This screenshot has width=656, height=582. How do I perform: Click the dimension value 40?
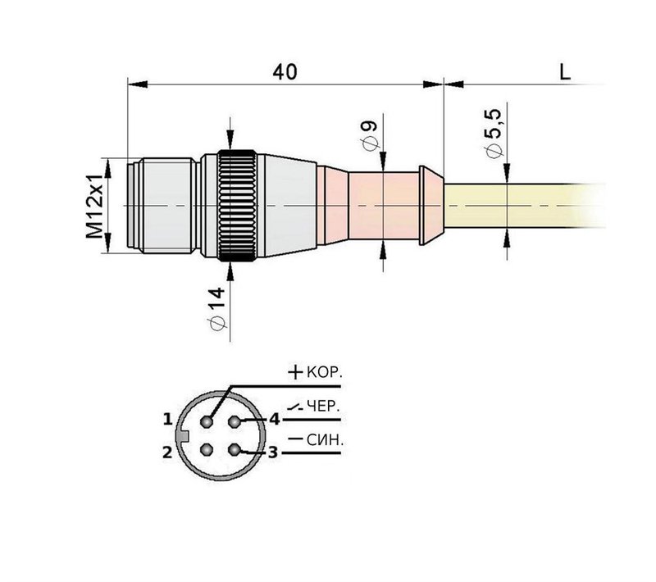[x=285, y=71]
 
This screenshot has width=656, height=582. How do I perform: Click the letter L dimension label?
[x=564, y=71]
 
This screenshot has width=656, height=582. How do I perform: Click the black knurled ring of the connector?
[x=240, y=206]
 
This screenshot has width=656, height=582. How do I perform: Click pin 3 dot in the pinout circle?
[x=236, y=449]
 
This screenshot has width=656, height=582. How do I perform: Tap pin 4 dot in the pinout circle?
[x=236, y=421]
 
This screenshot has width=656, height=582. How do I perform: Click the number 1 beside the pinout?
[x=167, y=420]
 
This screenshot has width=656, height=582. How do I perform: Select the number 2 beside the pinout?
[x=166, y=452]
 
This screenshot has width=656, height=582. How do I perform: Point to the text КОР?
[x=325, y=373]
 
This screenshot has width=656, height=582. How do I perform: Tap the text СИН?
[x=325, y=440]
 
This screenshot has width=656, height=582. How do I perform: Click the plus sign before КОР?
[x=295, y=372]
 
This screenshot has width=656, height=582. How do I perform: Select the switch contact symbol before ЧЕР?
[x=295, y=406]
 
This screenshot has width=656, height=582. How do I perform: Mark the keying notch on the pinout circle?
[x=185, y=435]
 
